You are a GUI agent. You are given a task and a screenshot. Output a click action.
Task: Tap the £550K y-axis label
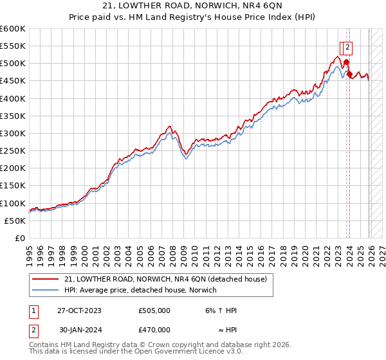tap(13, 46)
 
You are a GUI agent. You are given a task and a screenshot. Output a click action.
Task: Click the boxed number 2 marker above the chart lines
tap(347, 46)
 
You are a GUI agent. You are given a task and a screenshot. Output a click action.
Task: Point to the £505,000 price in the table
tap(154, 310)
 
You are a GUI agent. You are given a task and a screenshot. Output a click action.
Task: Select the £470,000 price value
tap(154, 329)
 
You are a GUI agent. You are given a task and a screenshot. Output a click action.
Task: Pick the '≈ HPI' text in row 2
tap(226, 329)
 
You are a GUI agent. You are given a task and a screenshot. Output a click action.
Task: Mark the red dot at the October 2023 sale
tap(346, 62)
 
